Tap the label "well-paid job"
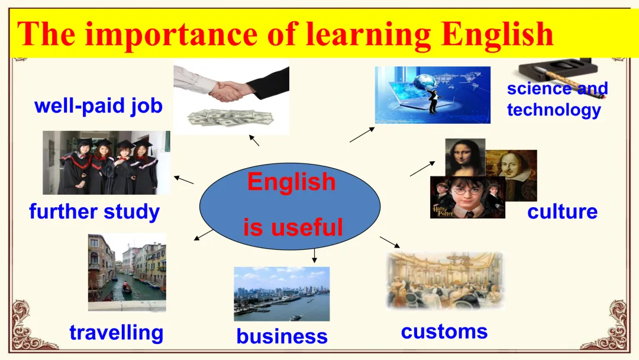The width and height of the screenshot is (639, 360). tap(99, 106)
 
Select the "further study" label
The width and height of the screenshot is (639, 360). tap(95, 212)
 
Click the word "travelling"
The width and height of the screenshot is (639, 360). tap(117, 333)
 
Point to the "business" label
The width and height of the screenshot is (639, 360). tap(282, 337)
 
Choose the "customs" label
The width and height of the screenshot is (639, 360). tap(444, 332)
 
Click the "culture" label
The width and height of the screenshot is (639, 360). tap(563, 211)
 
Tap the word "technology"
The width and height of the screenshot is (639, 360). tap(554, 110)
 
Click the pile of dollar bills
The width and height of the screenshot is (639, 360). tap(231, 118)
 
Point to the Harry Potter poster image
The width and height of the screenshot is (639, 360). tap(468, 197)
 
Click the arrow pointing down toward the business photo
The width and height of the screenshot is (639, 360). tap(314, 256)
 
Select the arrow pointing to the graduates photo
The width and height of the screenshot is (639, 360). tap(184, 180)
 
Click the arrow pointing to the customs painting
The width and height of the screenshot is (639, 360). tap(390, 242)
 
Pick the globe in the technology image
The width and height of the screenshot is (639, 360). tap(424, 81)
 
